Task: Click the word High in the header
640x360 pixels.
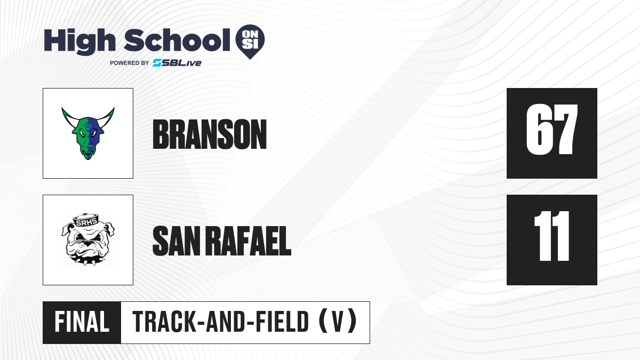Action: [x=80, y=42]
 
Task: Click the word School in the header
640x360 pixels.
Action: [x=177, y=41]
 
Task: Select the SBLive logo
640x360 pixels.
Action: [x=177, y=63]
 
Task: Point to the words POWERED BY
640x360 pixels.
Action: [x=130, y=63]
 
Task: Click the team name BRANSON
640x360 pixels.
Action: [x=210, y=134]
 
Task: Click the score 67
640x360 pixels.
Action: [x=552, y=130]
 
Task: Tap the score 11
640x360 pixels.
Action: [x=552, y=236]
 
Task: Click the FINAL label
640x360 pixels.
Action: [x=82, y=322]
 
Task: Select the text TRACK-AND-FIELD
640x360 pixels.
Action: [x=221, y=322]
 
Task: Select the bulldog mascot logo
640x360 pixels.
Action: [x=88, y=239]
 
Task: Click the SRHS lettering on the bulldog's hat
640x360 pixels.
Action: [x=86, y=222]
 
